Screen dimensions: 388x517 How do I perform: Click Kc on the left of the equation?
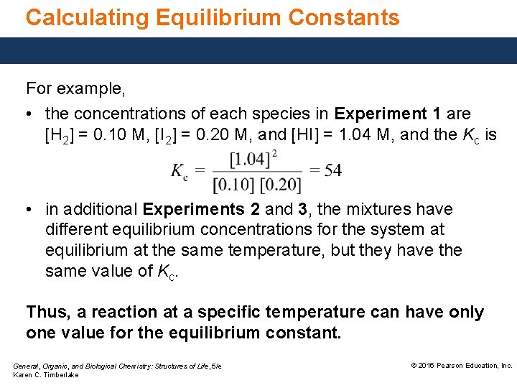pyautogui.click(x=180, y=171)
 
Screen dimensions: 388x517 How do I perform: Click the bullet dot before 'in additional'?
pyautogui.click(x=31, y=210)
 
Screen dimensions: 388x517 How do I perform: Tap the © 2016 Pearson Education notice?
pyautogui.click(x=460, y=366)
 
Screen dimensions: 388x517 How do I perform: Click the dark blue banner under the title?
pyautogui.click(x=258, y=51)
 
